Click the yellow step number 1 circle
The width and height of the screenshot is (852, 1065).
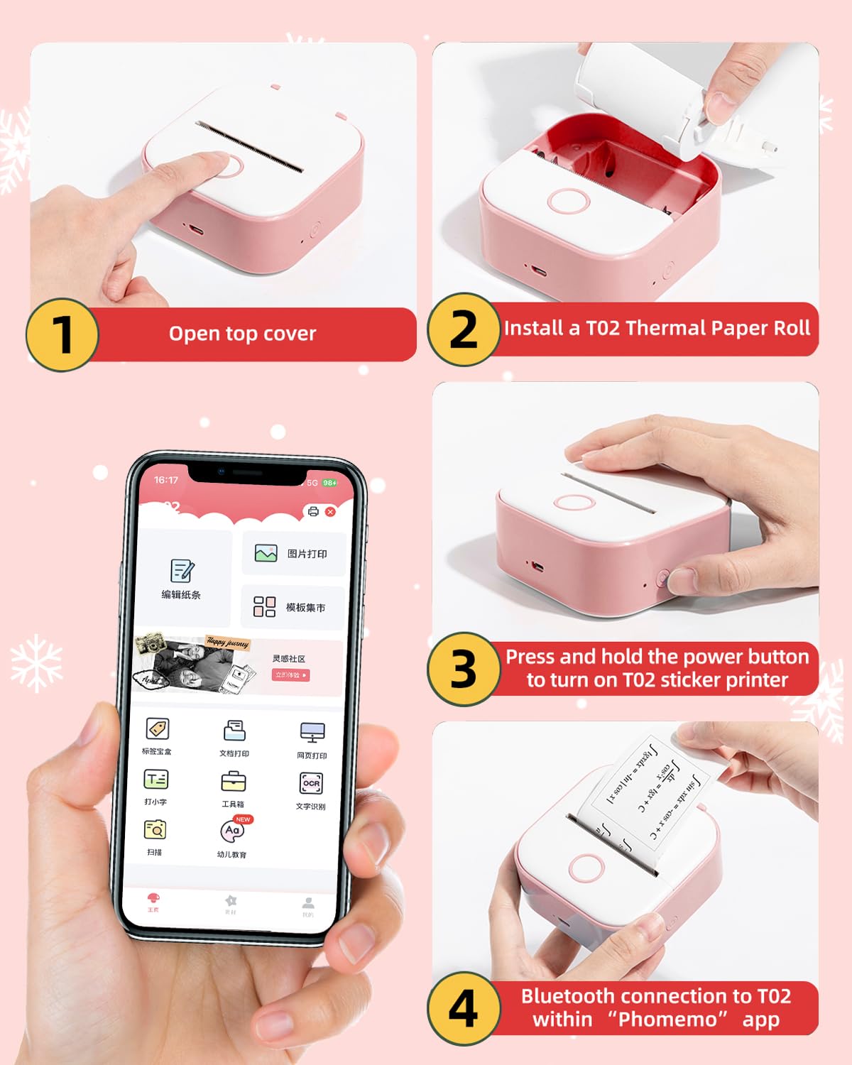click(x=62, y=334)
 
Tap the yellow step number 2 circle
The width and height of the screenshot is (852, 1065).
click(x=464, y=329)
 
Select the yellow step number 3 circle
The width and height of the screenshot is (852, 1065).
click(x=464, y=669)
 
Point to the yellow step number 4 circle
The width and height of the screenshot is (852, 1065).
click(x=464, y=1009)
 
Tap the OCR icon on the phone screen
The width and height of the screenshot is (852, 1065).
click(x=311, y=783)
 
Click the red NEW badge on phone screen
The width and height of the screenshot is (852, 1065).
click(x=243, y=819)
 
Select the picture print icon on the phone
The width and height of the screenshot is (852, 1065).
click(x=266, y=554)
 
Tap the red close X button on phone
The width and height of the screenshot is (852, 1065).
click(x=330, y=512)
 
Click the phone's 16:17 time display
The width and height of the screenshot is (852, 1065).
click(x=166, y=480)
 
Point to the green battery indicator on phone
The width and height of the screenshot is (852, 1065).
click(x=330, y=483)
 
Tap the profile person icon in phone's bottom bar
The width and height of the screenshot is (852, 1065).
click(x=308, y=903)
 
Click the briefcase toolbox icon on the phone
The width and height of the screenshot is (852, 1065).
click(x=233, y=782)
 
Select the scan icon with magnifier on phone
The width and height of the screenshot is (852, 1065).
click(x=155, y=829)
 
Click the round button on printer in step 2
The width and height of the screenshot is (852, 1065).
click(x=569, y=201)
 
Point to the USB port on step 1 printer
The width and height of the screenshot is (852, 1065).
click(x=195, y=230)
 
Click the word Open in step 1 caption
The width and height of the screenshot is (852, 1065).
click(x=195, y=334)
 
